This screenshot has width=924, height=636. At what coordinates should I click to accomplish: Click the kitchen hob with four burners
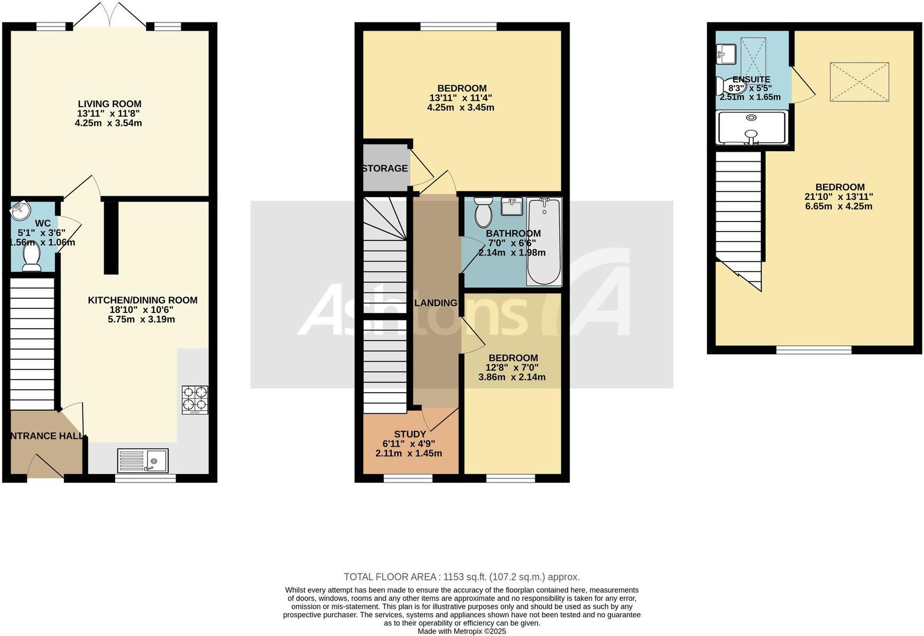coord(195,399)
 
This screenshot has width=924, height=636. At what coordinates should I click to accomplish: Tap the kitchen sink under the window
coord(143,460)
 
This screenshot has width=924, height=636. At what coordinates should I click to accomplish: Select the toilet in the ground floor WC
coord(32,259)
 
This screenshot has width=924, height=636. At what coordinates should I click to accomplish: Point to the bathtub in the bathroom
coord(544,241)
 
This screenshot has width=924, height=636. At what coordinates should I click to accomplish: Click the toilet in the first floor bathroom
coord(483,213)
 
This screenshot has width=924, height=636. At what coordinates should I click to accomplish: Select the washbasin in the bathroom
coord(511,206)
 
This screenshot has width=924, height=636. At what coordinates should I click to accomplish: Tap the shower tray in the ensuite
coord(751,127)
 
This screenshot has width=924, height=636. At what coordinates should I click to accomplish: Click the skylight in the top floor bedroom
coord(859,82)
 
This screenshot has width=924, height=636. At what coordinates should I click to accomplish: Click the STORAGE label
coord(385,169)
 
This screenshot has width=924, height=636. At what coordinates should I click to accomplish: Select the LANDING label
coord(436,303)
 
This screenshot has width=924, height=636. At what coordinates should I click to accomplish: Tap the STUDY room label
coord(410,434)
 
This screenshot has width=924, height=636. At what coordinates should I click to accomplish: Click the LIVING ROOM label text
coord(109,104)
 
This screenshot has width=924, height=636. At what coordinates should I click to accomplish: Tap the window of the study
coord(408,478)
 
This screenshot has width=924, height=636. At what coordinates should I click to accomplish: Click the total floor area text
coord(461,577)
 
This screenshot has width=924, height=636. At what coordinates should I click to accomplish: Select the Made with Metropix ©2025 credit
coord(461,631)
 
